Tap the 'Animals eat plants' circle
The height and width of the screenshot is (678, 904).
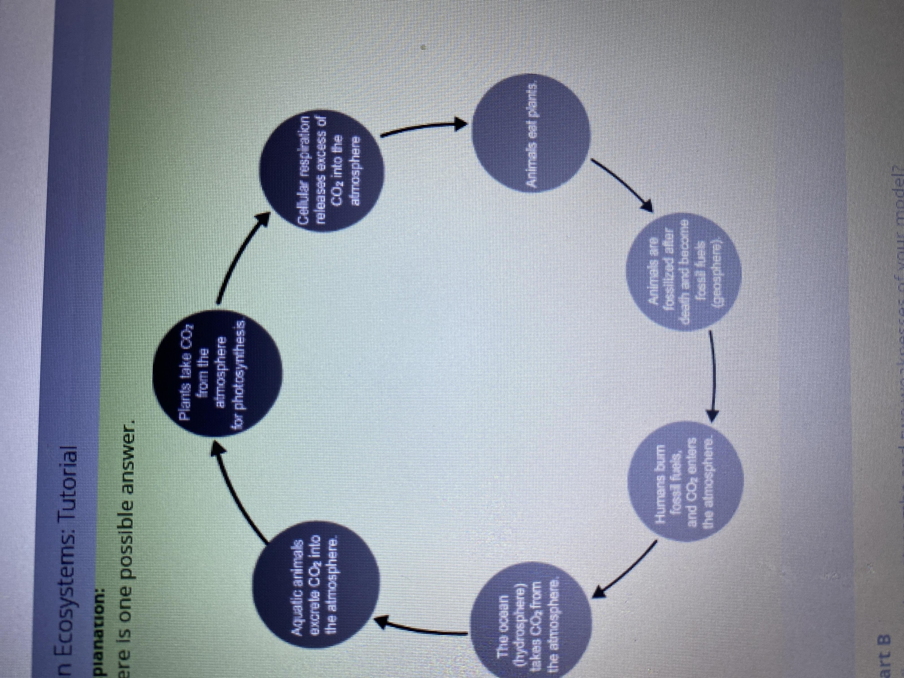click(x=531, y=139)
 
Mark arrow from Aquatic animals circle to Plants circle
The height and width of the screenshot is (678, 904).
click(x=237, y=490)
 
